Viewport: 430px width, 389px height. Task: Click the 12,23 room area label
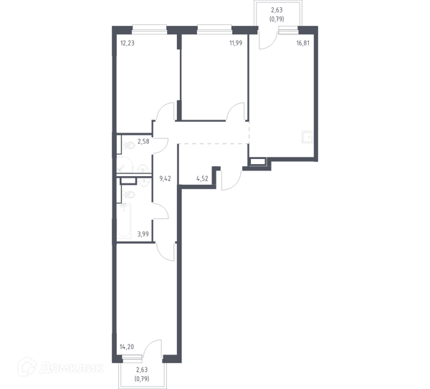click(128, 43)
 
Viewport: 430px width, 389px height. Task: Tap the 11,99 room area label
click(236, 43)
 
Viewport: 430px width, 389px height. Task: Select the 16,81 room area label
click(303, 43)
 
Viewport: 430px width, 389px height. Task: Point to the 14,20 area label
click(127, 347)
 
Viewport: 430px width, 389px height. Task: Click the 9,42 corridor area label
click(165, 178)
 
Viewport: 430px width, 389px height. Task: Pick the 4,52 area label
click(202, 178)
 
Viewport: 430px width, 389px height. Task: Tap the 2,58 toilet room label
click(143, 142)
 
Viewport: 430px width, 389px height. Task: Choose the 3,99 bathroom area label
click(143, 234)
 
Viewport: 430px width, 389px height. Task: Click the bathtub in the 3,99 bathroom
click(124, 221)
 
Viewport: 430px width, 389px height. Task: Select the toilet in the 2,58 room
click(128, 145)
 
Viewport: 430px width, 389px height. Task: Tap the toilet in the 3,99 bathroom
click(128, 194)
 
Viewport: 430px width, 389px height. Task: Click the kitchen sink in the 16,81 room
click(307, 137)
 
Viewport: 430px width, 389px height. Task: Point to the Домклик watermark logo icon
click(27, 367)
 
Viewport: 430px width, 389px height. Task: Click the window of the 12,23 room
click(150, 29)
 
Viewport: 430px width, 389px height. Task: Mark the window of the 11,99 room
click(214, 29)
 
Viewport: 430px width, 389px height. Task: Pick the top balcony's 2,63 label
click(277, 10)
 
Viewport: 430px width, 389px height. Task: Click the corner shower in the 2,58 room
click(125, 165)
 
